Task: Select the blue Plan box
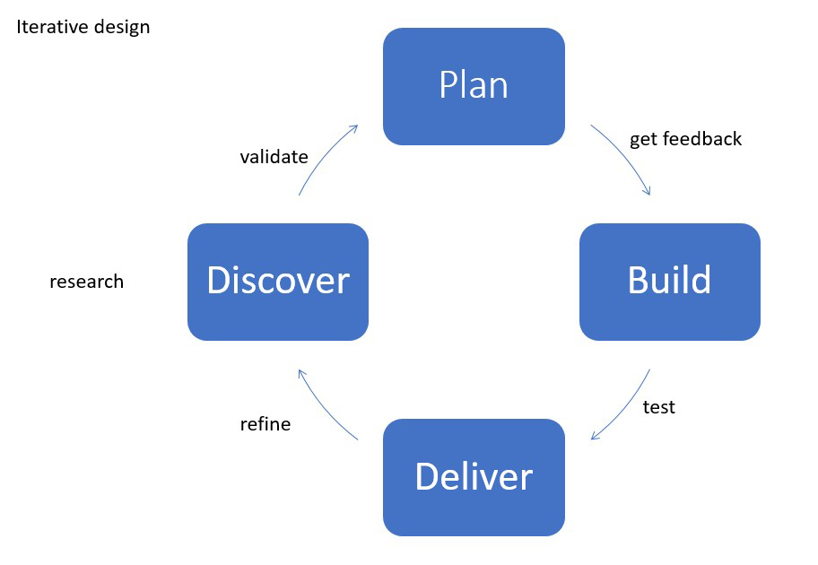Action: tap(474, 86)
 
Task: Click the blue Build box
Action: tap(669, 282)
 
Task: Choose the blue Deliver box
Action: tap(474, 477)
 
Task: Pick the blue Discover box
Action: tap(278, 282)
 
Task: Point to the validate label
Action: tap(274, 157)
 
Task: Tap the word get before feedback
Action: tap(644, 140)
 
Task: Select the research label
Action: tap(86, 282)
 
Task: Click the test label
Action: tap(658, 407)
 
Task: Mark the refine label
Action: tap(265, 424)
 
